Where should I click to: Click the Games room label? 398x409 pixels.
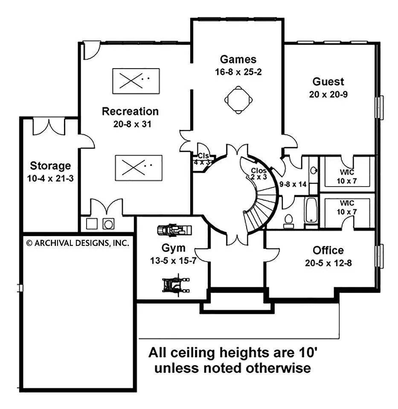[x=238, y=59]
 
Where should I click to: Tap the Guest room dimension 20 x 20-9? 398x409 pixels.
[x=328, y=95]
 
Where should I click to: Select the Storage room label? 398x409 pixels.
[x=50, y=165]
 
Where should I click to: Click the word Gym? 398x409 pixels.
[x=174, y=248]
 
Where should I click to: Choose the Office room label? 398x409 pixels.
[x=328, y=250]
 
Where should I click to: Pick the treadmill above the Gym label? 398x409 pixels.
[x=174, y=230]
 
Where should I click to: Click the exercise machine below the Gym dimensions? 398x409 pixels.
[x=173, y=284]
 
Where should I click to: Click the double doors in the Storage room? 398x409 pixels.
[x=49, y=127]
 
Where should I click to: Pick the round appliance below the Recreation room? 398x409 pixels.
[x=108, y=224]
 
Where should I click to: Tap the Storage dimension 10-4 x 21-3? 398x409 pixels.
[x=50, y=178]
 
